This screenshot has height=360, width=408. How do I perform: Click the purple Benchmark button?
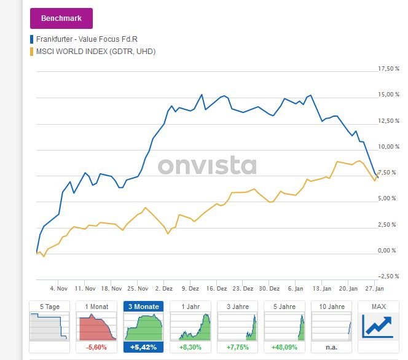pyautogui.click(x=61, y=18)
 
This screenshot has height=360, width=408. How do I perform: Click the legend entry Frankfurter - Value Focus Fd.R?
pyautogui.click(x=87, y=40)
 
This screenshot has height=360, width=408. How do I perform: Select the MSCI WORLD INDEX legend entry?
pyautogui.click(x=95, y=52)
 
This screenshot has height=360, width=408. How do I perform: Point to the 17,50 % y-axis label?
pyautogui.click(x=388, y=68)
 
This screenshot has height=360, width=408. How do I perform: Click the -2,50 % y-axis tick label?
pyautogui.click(x=388, y=276)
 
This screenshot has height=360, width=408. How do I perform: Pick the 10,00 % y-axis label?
pyautogui.click(x=388, y=146)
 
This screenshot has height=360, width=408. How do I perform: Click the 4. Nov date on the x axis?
pyautogui.click(x=58, y=288)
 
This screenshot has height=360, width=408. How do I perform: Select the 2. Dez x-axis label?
pyautogui.click(x=164, y=288)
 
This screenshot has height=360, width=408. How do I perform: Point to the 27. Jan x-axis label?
pyautogui.click(x=374, y=288)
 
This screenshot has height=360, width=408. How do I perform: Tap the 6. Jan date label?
pyautogui.click(x=295, y=288)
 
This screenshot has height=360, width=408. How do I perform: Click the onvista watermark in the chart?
pyautogui.click(x=207, y=166)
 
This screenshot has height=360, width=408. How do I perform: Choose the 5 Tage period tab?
pyautogui.click(x=49, y=306)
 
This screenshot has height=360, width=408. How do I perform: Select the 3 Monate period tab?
pyautogui.click(x=144, y=306)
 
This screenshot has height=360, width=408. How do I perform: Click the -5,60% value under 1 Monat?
pyautogui.click(x=96, y=347)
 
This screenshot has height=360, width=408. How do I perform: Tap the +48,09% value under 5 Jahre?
pyautogui.click(x=285, y=347)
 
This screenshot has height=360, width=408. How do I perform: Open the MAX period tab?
pyautogui.click(x=379, y=306)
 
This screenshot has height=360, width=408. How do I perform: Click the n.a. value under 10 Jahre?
pyautogui.click(x=332, y=347)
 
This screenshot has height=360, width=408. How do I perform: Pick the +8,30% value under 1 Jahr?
pyautogui.click(x=190, y=347)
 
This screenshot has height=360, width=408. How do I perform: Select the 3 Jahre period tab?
pyautogui.click(x=238, y=306)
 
